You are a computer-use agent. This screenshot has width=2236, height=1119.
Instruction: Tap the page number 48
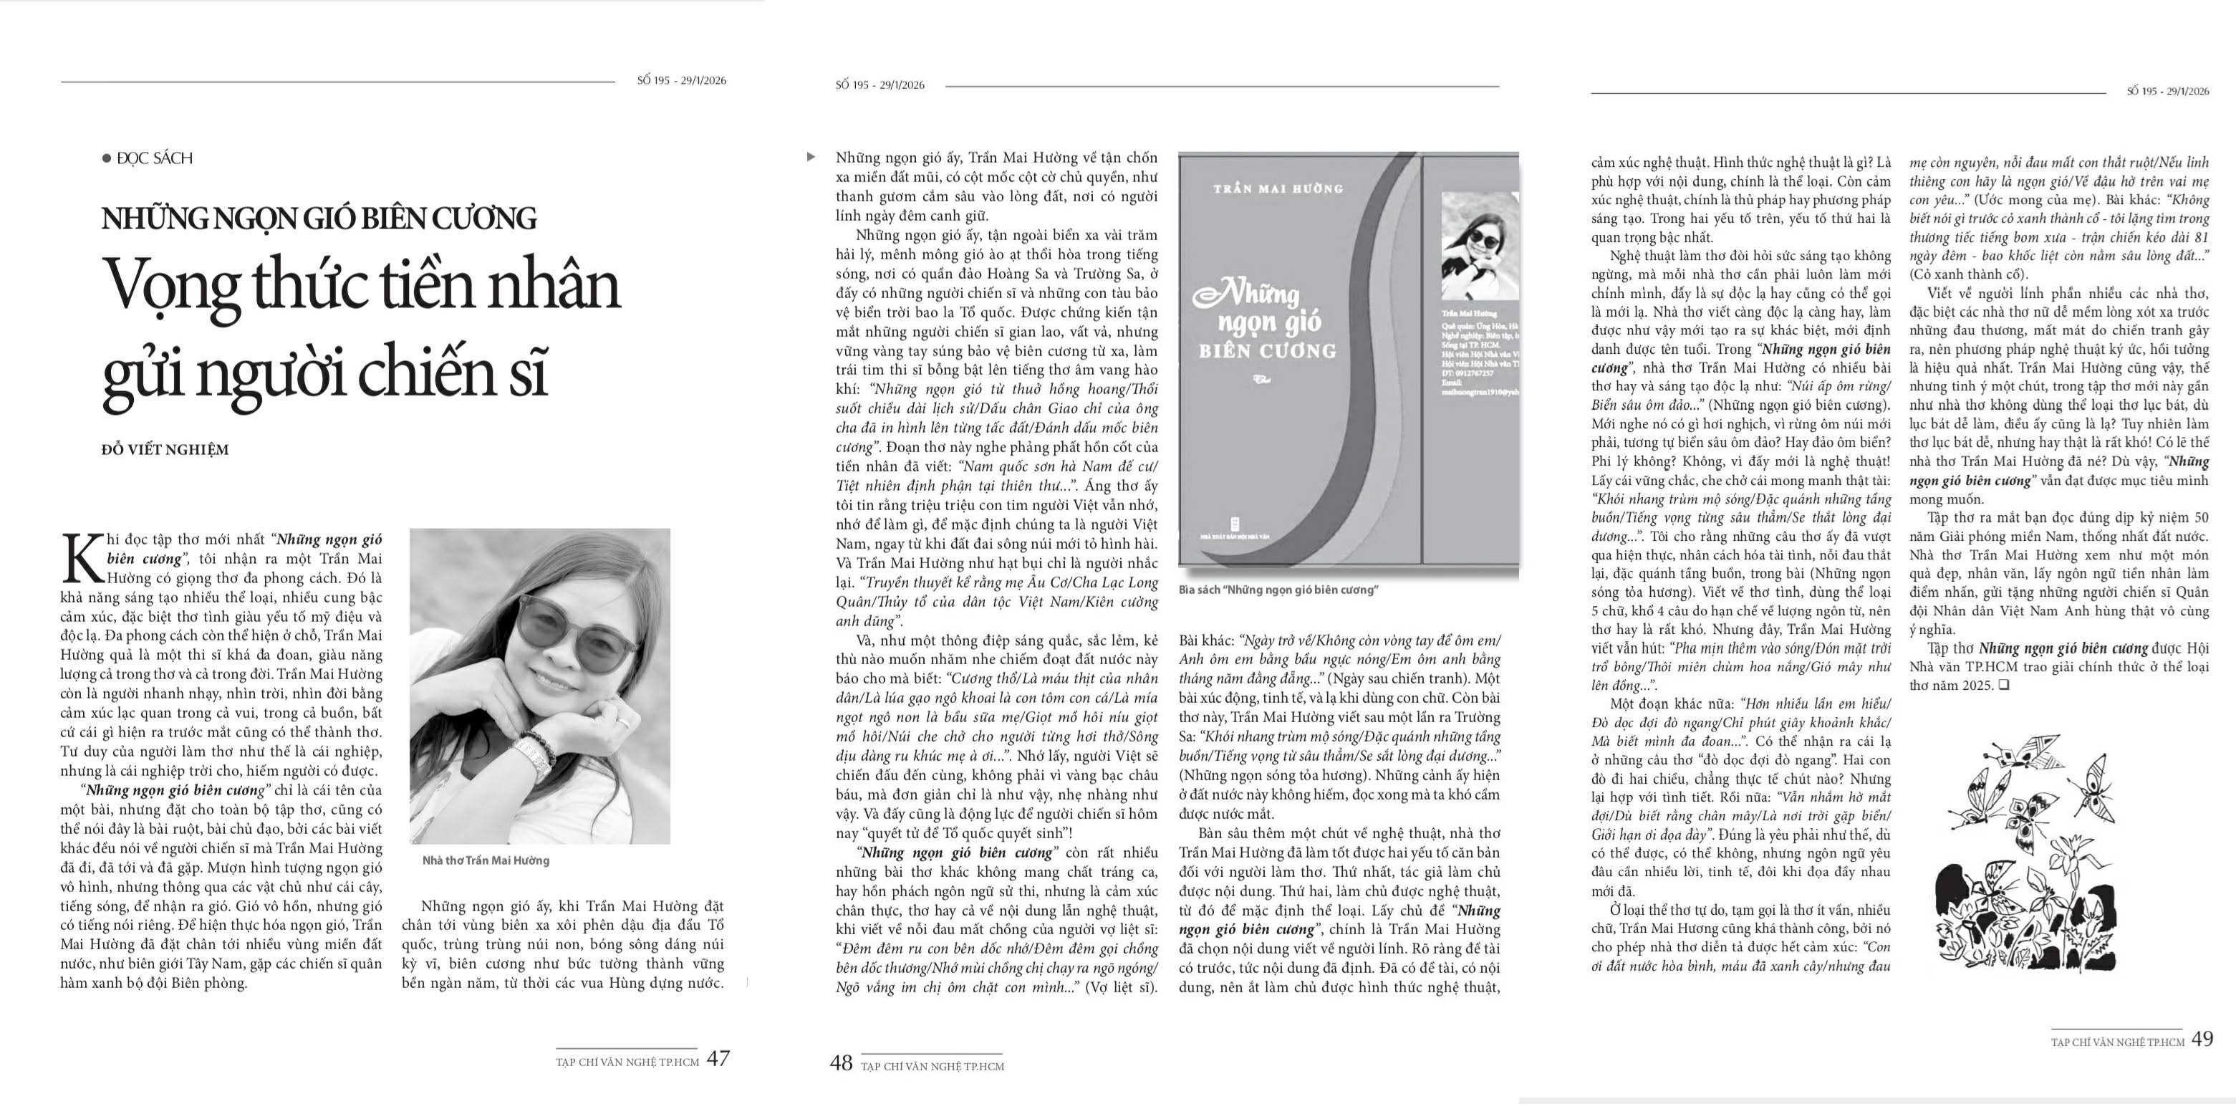click(x=841, y=1063)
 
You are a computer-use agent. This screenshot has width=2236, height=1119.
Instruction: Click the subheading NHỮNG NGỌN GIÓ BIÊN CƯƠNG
click(x=319, y=218)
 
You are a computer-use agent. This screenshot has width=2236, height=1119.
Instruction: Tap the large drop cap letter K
click(x=81, y=559)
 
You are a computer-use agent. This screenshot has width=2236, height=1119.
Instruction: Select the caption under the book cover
click(x=1278, y=590)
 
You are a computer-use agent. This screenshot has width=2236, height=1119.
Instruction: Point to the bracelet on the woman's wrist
click(x=535, y=755)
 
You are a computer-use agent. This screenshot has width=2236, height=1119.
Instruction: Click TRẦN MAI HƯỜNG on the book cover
click(x=1278, y=188)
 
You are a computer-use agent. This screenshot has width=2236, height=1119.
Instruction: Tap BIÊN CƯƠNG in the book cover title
click(x=1267, y=352)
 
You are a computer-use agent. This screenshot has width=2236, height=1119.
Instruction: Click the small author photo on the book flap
click(x=1480, y=246)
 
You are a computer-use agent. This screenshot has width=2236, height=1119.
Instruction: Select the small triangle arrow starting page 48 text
click(x=811, y=157)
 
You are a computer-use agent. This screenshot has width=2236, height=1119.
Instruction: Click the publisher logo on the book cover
click(x=1235, y=524)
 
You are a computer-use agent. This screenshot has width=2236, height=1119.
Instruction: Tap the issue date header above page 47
click(x=681, y=81)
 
